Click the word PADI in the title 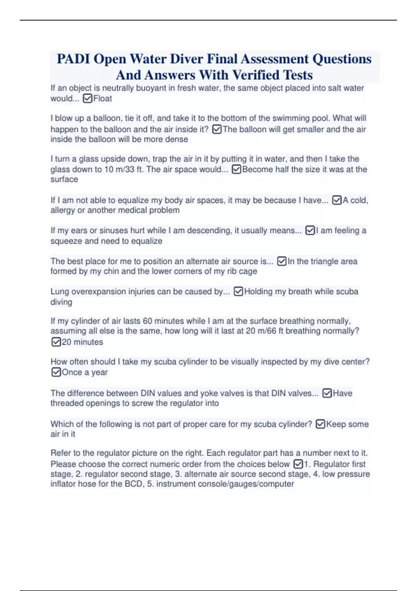coord(73,59)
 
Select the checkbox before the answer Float coord(88,99)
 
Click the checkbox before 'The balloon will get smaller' coord(216,129)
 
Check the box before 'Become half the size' coord(236,169)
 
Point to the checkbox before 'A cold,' coord(337,200)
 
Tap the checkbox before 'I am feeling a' coord(310,230)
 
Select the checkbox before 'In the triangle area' coord(282,261)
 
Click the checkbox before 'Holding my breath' coord(238,291)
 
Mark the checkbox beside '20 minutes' coord(56,342)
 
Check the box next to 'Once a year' coord(56,372)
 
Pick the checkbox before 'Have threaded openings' coord(327,393)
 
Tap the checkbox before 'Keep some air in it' coord(320,424)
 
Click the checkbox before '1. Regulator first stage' coord(298,464)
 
